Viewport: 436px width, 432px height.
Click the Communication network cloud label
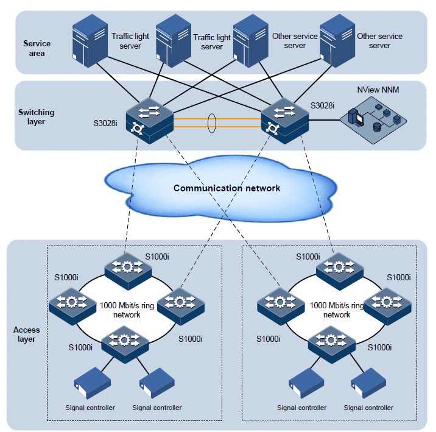(x=227, y=188)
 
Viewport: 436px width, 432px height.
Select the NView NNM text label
(x=378, y=90)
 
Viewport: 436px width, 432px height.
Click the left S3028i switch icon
(x=149, y=119)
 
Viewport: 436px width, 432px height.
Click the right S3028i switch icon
(x=284, y=119)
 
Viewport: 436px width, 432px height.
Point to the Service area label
(x=37, y=48)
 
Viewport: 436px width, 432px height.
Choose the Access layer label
(x=26, y=335)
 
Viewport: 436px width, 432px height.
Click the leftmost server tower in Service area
(x=90, y=38)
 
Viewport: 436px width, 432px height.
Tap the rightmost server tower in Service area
(x=336, y=38)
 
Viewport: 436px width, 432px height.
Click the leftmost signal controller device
(x=87, y=382)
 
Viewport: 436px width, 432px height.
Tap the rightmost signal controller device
(x=366, y=382)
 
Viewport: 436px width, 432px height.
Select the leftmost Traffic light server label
(x=130, y=41)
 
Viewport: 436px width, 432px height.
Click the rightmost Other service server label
(x=379, y=41)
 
